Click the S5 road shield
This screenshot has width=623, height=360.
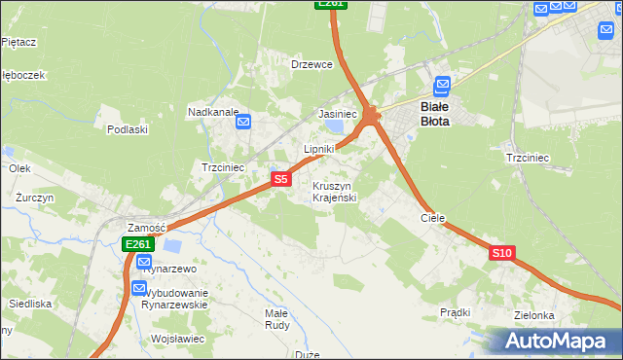(280, 179)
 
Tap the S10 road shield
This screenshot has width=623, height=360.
(501, 253)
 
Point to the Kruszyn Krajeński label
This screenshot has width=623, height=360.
(335, 192)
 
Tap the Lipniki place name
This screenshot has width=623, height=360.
(319, 149)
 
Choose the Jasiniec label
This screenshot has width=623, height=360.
(338, 115)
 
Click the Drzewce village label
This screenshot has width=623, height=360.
(312, 64)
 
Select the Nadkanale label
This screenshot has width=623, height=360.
(213, 112)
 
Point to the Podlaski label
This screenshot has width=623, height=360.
(128, 129)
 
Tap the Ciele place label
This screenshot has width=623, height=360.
(432, 219)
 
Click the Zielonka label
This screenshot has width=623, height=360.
(534, 316)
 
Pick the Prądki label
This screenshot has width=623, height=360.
(455, 312)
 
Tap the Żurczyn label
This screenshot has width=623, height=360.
(34, 198)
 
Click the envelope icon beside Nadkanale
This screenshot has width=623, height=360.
(243, 122)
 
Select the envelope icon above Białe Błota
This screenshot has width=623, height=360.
(443, 86)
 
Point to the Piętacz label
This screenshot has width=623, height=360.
(18, 42)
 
